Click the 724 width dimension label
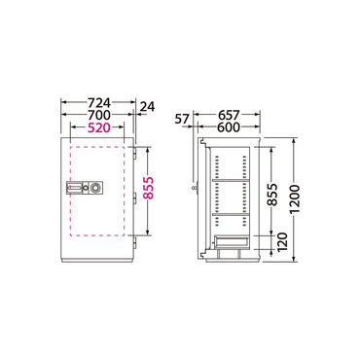coord(99,103)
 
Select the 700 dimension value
coord(99,115)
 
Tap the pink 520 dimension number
coord(99,127)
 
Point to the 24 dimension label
coord(147,107)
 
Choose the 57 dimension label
coord(182,120)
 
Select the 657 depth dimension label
coord(229,115)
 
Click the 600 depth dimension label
coord(229,127)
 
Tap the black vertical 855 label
coord(273,195)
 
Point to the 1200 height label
coord(295,198)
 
